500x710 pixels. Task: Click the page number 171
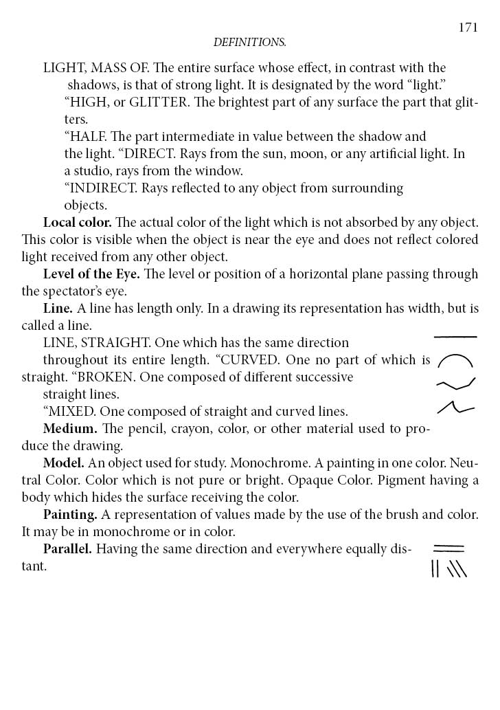tap(468, 27)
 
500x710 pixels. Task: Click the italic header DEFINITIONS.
tap(249, 43)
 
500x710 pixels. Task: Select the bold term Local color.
tap(77, 223)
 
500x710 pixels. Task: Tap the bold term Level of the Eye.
tap(91, 274)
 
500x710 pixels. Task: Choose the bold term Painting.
tap(69, 515)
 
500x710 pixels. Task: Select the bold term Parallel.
tap(67, 549)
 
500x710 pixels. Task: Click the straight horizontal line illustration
tap(455, 337)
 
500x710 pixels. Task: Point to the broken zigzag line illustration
tap(456, 384)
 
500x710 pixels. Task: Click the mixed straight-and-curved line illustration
tap(455, 408)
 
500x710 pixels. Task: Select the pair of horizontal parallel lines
tap(448, 548)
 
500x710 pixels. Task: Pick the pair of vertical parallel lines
tap(435, 568)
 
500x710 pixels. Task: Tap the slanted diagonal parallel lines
tap(457, 568)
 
